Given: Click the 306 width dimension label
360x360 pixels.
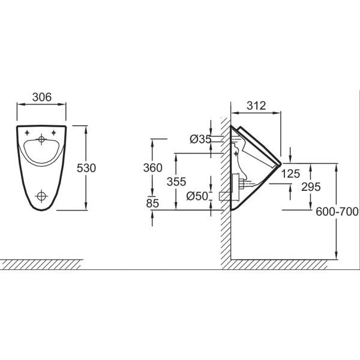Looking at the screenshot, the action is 42,97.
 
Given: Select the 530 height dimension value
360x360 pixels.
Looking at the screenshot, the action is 86,168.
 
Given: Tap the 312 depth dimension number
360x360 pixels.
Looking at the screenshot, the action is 256,106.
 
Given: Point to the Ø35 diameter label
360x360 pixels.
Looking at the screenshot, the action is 200,139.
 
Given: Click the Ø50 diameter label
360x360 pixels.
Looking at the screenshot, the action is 197,196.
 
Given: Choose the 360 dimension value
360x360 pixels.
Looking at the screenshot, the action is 152,167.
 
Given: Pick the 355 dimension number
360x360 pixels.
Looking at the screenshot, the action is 176,182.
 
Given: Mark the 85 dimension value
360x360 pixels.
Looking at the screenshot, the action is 152,203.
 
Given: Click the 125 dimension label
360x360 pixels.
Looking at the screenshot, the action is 290,174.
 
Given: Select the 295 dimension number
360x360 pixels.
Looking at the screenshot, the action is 311,187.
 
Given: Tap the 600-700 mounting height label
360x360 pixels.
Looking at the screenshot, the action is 337,211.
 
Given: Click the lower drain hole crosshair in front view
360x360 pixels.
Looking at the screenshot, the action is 41,196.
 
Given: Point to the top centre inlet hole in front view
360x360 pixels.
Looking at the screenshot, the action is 41,139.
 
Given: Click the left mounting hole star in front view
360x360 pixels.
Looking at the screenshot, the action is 28,133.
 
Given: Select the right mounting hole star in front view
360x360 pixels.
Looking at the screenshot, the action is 53,133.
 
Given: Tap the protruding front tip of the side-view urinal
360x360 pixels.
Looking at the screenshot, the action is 281,164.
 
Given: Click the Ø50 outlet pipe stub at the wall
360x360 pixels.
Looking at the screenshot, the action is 225,196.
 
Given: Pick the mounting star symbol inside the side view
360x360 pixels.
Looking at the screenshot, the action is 236,154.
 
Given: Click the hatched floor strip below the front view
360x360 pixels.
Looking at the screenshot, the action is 41,265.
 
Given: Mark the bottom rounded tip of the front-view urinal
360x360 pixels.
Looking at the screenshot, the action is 41,210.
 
